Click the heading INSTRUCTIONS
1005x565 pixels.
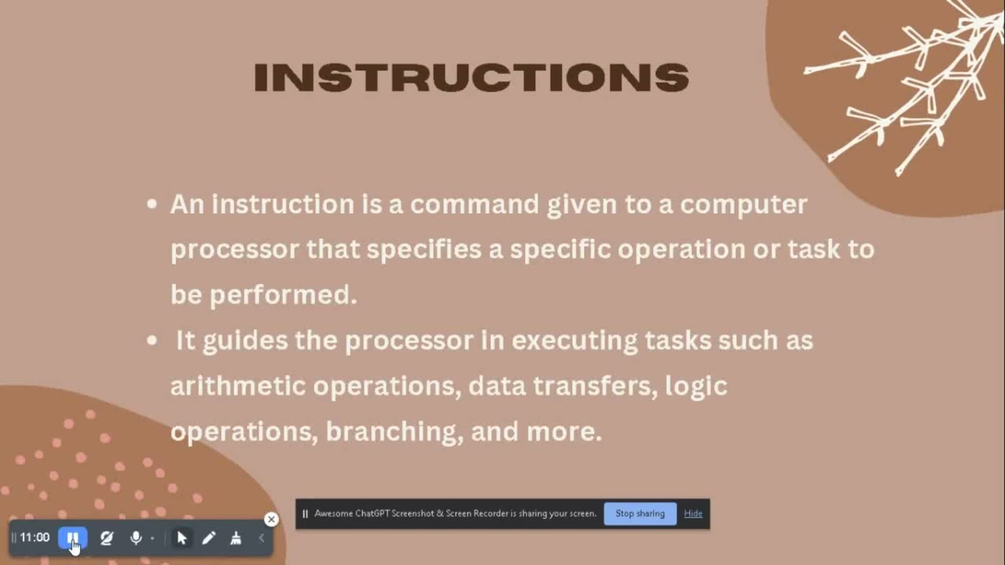pos(471,78)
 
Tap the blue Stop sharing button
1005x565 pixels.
pos(640,513)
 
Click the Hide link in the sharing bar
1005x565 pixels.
pos(693,513)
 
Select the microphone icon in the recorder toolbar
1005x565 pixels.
pos(136,538)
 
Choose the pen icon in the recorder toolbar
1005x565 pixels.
pos(209,538)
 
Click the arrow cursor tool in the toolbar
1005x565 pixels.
pos(182,538)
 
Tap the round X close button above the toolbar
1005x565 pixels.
pos(271,519)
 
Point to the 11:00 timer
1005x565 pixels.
pos(35,538)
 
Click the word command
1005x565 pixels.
pos(474,204)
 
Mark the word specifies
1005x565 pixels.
pos(424,250)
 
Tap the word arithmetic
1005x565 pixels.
pos(238,386)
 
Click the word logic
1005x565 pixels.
pos(696,386)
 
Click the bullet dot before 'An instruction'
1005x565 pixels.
pos(152,205)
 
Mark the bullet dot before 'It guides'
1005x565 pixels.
pos(152,341)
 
